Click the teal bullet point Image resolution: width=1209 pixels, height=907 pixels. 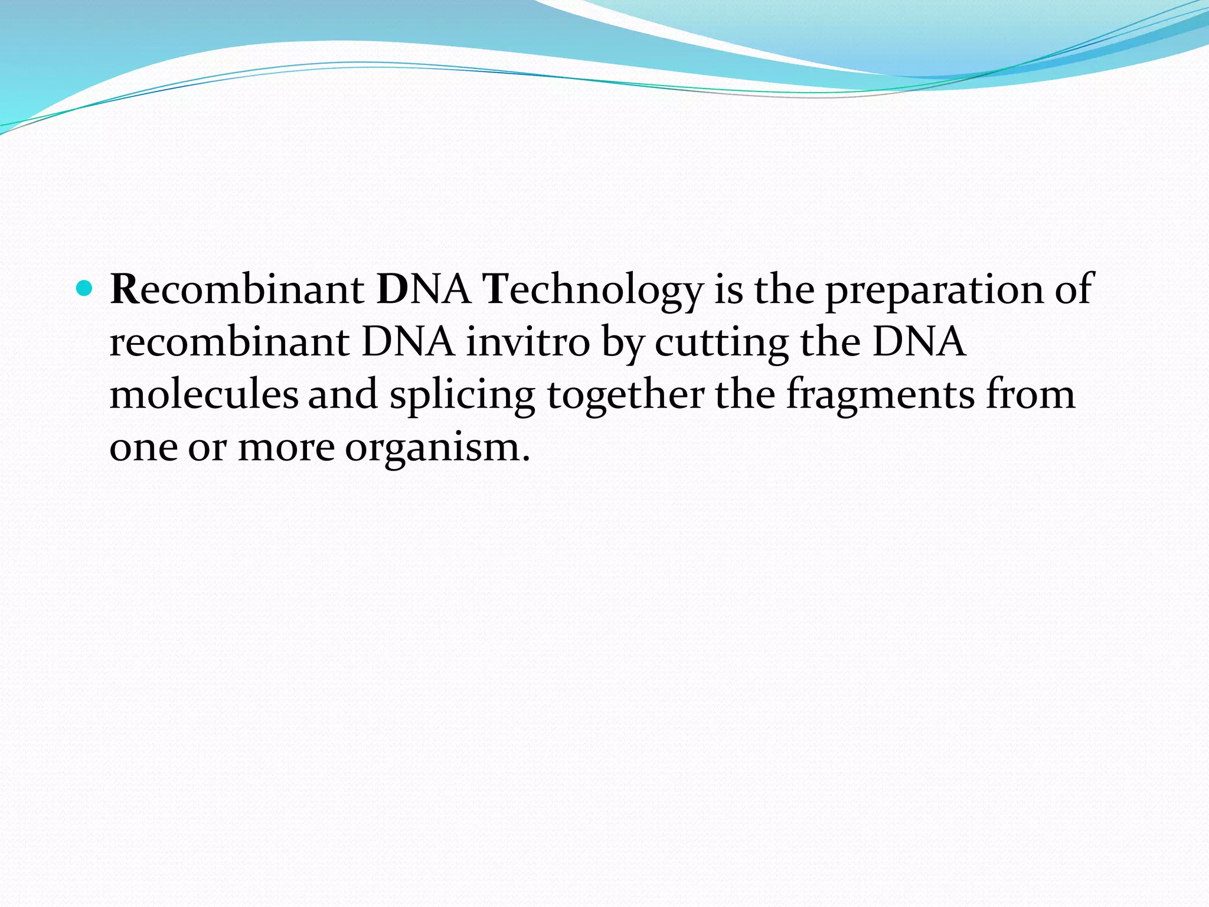pyautogui.click(x=86, y=289)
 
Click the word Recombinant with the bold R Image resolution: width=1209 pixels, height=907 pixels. pyautogui.click(x=237, y=289)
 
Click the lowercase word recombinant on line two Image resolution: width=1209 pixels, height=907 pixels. pyautogui.click(x=229, y=342)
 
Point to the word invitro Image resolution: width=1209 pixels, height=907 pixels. pyautogui.click(x=528, y=342)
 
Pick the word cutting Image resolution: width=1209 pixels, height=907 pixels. pyautogui.click(x=721, y=343)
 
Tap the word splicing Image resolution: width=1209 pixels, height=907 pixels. pyautogui.click(x=462, y=395)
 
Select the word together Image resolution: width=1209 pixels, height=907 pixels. pyautogui.click(x=625, y=395)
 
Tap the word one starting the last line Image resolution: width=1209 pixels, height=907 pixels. pyautogui.click(x=143, y=447)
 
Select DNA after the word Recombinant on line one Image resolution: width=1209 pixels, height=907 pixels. pyautogui.click(x=423, y=289)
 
